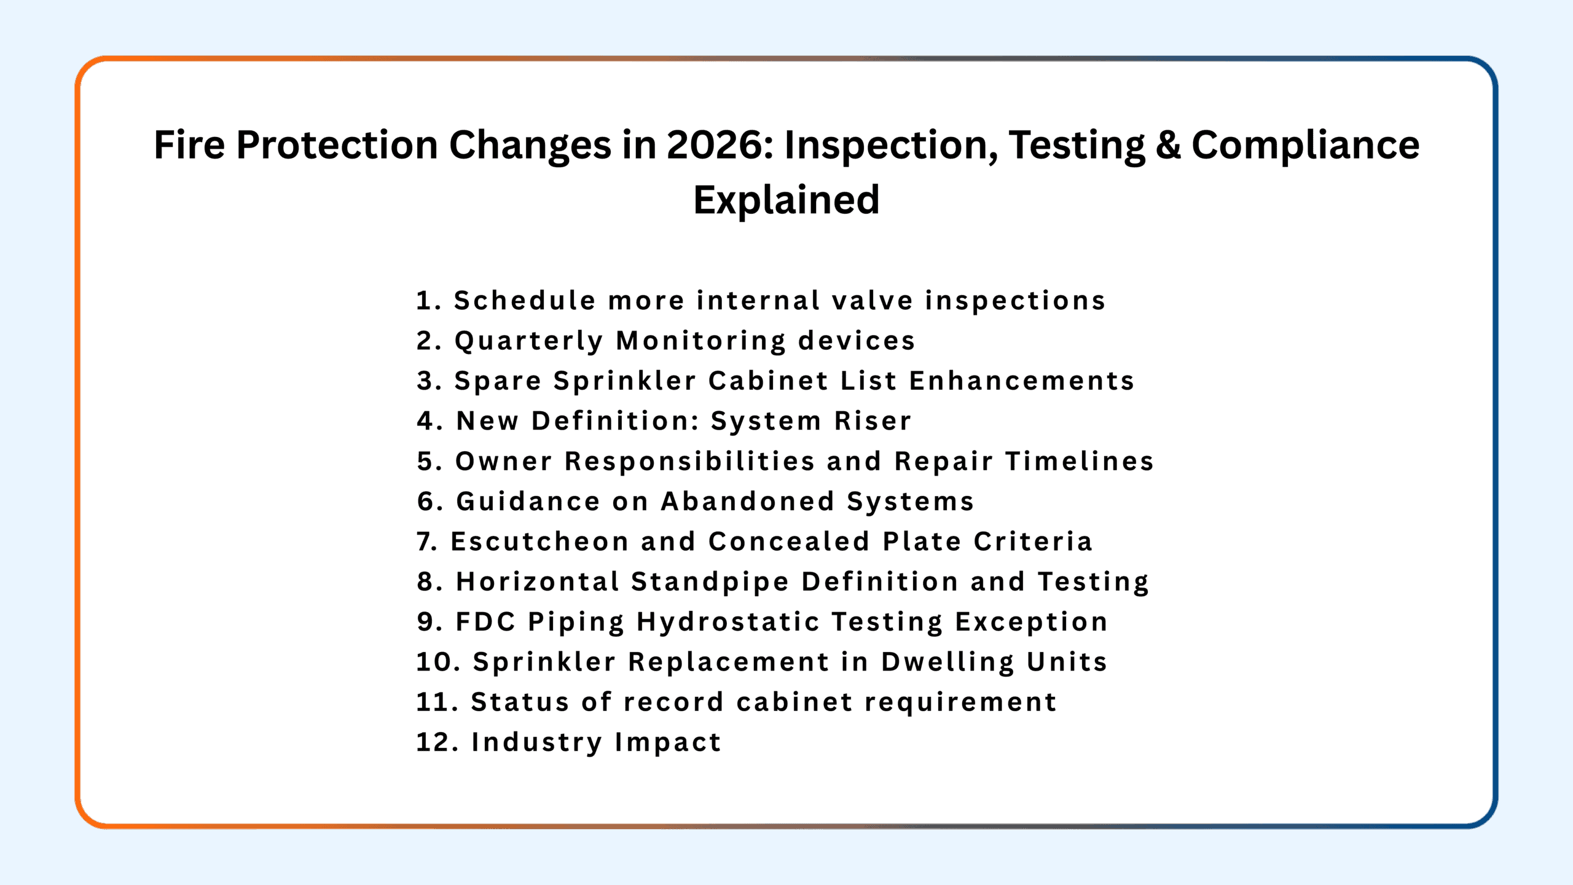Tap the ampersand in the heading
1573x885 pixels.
pos(1168,146)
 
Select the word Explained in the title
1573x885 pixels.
pos(786,201)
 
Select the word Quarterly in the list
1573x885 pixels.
pos(529,342)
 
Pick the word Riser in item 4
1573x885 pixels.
pos(873,421)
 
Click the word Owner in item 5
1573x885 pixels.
pos(504,462)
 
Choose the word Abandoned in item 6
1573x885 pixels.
pos(747,502)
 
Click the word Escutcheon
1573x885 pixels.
pos(540,541)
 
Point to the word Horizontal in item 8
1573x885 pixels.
pos(538,582)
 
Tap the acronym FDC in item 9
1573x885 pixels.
pos(485,622)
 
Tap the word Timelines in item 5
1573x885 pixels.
pos(1080,462)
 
